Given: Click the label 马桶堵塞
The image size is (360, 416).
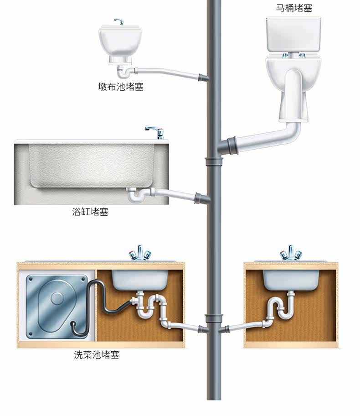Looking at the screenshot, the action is pos(294,8).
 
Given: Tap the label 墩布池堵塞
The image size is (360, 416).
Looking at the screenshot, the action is pos(121,87).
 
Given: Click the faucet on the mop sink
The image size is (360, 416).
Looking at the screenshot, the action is pos(119,21).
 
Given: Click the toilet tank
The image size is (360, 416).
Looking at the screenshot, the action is pos(294,34).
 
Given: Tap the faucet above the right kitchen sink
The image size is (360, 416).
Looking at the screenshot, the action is pos(290,253).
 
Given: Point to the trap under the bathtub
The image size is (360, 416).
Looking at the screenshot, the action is pos(136,196).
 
